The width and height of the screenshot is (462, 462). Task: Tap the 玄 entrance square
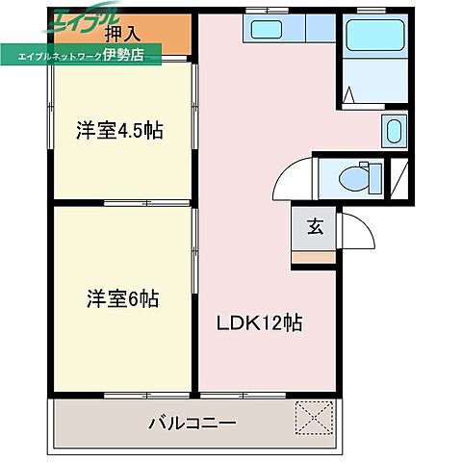pos(315,227)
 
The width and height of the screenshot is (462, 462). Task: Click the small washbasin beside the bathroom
pos(394,130)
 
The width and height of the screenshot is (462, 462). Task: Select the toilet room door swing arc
pos(294,180)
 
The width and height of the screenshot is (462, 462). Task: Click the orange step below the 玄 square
pos(315,256)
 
